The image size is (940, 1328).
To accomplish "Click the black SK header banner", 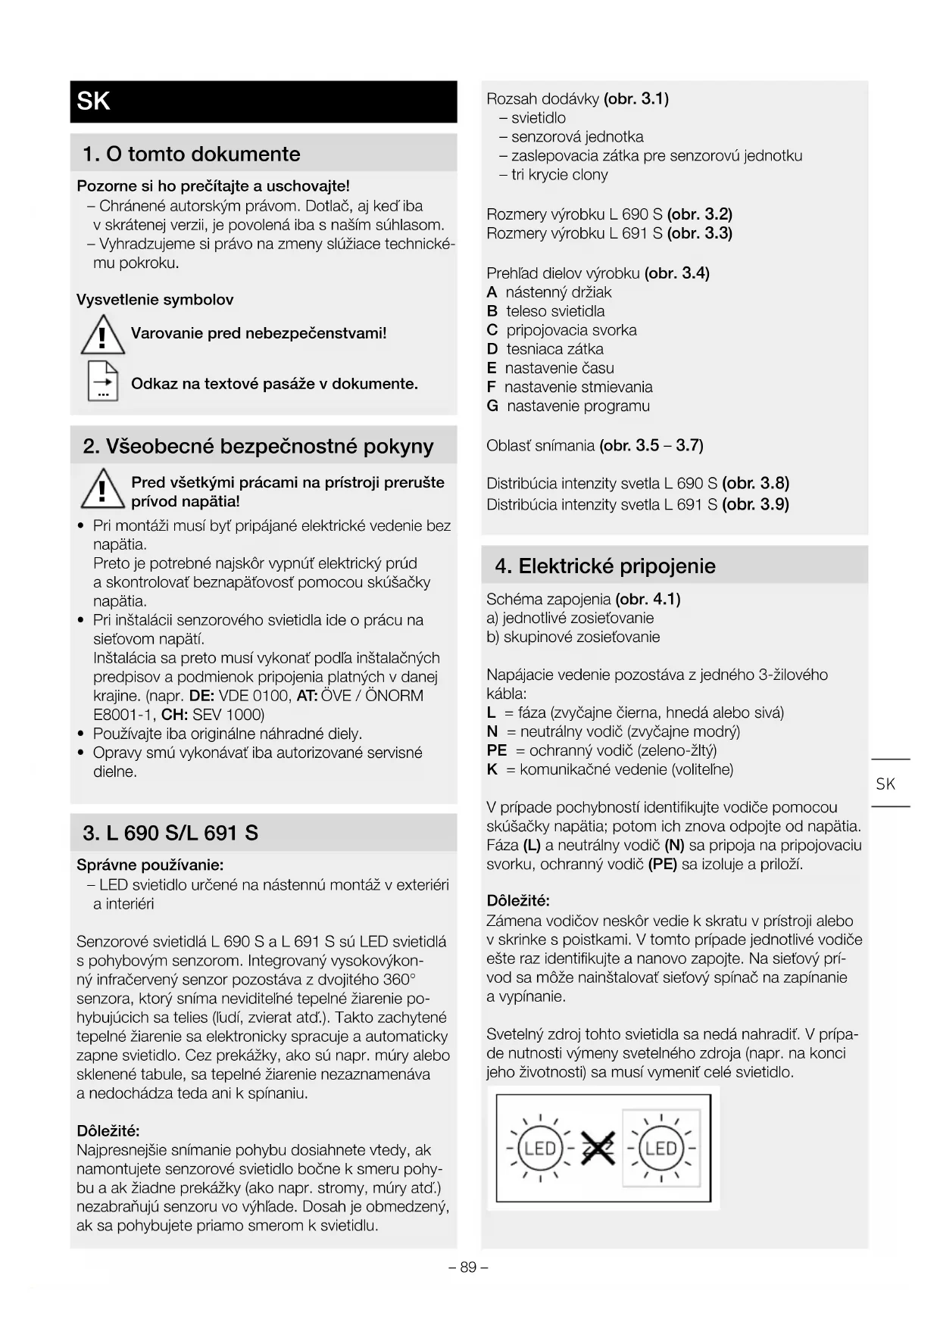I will point(263,101).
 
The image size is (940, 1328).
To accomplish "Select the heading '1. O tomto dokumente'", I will point(191,154).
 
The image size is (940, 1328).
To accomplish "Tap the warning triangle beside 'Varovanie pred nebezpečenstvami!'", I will point(102,335).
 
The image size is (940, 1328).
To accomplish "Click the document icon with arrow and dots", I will point(103,381).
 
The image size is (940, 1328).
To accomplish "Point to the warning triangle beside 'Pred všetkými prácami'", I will point(102,488).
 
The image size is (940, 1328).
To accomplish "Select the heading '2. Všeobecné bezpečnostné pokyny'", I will point(258,446).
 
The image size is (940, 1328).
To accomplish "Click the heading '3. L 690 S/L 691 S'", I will point(170,833).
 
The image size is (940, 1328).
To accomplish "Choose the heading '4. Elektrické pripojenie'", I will point(604,566).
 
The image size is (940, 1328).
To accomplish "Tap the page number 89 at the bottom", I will point(468,1267).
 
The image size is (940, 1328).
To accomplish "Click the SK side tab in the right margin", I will point(885,784).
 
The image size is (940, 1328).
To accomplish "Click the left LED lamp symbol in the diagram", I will point(539,1148).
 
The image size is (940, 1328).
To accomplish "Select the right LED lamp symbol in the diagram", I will point(660,1148).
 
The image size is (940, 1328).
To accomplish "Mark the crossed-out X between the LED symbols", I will point(598,1149).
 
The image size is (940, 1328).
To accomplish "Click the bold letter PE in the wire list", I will point(497,750).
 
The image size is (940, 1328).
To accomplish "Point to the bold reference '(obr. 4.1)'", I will point(648,599).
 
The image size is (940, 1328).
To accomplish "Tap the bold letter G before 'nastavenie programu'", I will point(492,406).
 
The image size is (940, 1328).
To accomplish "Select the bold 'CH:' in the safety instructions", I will point(174,715).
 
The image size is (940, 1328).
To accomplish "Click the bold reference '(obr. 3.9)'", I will point(755,504).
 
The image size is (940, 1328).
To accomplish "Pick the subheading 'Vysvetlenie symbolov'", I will point(155,300).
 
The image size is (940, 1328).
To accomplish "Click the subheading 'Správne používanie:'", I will point(150,865).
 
